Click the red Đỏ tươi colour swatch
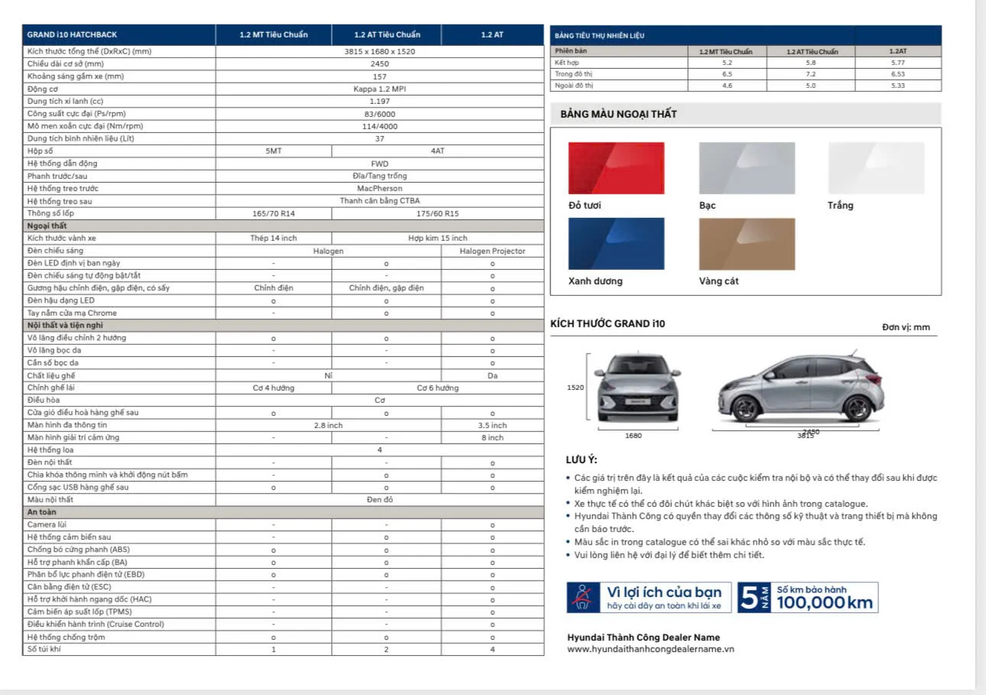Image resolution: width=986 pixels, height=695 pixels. pos(616,168)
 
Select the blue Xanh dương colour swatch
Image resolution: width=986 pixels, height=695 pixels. pos(616,244)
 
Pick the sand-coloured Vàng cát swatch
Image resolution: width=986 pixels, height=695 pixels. pos(747,244)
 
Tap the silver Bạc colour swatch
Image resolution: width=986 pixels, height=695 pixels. pos(747,168)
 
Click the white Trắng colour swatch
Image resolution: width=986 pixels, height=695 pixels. pos(876,168)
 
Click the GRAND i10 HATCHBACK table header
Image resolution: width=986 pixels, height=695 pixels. pos(72,35)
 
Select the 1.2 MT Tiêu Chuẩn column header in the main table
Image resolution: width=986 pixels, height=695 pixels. pos(273,35)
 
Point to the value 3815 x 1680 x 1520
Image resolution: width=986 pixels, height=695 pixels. pos(380,51)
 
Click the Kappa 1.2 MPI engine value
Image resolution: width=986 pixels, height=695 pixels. pos(380,89)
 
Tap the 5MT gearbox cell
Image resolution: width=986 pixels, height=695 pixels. pos(274,151)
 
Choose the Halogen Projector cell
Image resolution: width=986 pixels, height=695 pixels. pos(492,251)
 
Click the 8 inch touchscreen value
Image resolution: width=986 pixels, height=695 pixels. pos(492,437)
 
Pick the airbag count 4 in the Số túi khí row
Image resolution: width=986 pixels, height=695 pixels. pos(492,649)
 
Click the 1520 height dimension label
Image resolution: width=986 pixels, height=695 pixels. pos(576,388)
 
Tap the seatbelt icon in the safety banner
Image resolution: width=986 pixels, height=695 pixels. pos(582,597)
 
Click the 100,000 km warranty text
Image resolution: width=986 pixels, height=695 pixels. pos(824,602)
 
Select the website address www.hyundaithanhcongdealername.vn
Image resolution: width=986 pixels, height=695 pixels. pos(650,649)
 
